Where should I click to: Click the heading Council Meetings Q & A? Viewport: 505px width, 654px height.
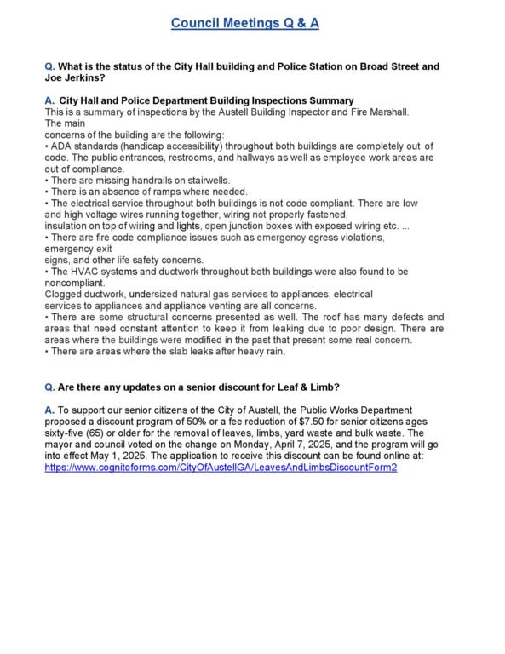click(245, 24)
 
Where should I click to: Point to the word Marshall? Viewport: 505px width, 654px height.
click(388, 112)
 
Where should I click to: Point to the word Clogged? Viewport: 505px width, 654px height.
click(64, 295)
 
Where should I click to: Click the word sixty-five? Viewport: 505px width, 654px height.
click(69, 433)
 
